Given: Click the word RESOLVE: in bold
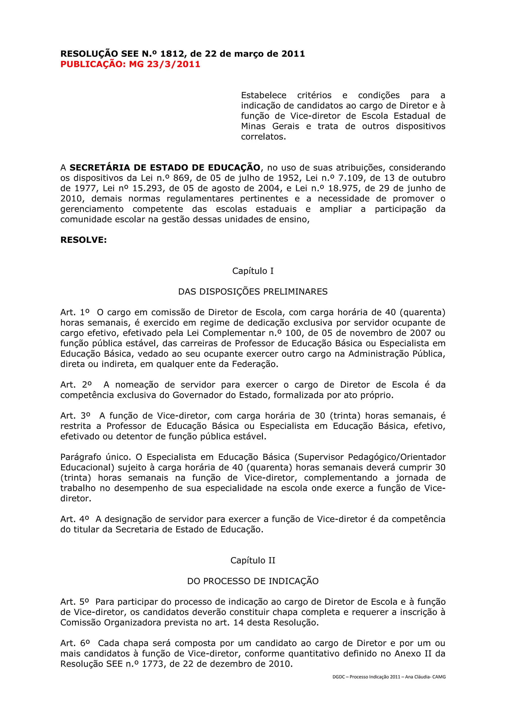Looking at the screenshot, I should click(84, 240).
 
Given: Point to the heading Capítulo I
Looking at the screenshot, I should click(253, 271).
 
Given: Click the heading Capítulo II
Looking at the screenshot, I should click(253, 560).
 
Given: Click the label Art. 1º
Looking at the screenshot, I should click(75, 312).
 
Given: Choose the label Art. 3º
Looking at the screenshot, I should click(75, 416).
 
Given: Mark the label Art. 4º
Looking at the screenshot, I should click(75, 519).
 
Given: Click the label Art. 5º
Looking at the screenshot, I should click(75, 602).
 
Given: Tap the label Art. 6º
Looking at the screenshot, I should click(75, 643).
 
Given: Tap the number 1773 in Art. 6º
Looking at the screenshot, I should click(152, 664).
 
